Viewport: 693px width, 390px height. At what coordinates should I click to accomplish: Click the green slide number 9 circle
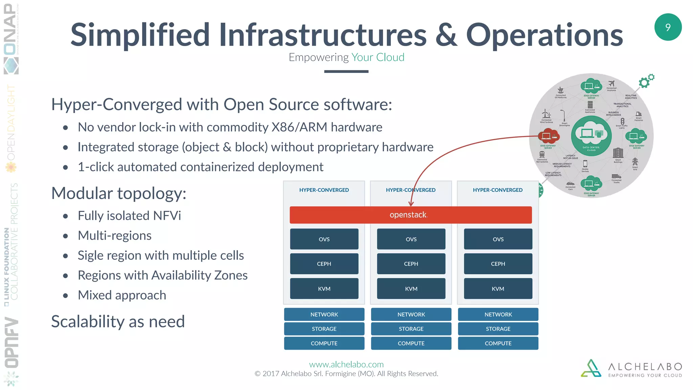click(x=668, y=27)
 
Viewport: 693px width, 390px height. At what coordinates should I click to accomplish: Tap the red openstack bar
click(x=410, y=215)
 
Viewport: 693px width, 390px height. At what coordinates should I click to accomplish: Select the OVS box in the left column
click(x=324, y=239)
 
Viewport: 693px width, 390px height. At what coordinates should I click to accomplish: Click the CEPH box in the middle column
click(x=411, y=264)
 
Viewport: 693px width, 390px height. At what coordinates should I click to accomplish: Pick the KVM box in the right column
click(x=498, y=289)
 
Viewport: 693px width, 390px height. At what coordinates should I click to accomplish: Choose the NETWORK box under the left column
click(x=324, y=315)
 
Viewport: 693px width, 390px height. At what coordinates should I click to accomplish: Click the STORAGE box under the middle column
click(x=411, y=329)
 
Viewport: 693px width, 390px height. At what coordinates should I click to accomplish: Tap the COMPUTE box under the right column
click(x=498, y=343)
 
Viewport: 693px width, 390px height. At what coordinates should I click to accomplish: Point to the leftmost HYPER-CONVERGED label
click(x=324, y=190)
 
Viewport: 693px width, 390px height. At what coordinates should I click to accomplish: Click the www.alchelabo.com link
click(x=346, y=364)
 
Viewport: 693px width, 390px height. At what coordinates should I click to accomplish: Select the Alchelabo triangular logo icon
click(x=591, y=368)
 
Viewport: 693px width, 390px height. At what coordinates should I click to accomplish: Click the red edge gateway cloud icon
click(x=548, y=136)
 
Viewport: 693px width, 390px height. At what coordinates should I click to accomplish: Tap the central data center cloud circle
click(x=591, y=136)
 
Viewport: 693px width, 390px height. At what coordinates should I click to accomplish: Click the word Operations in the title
click(x=544, y=35)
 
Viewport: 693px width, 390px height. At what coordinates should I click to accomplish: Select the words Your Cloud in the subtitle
click(x=378, y=57)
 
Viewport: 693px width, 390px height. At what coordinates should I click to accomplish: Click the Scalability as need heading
click(x=118, y=321)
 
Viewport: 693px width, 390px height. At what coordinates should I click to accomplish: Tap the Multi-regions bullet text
click(x=114, y=236)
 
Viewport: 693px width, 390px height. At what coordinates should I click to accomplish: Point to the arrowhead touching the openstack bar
click(x=411, y=204)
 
